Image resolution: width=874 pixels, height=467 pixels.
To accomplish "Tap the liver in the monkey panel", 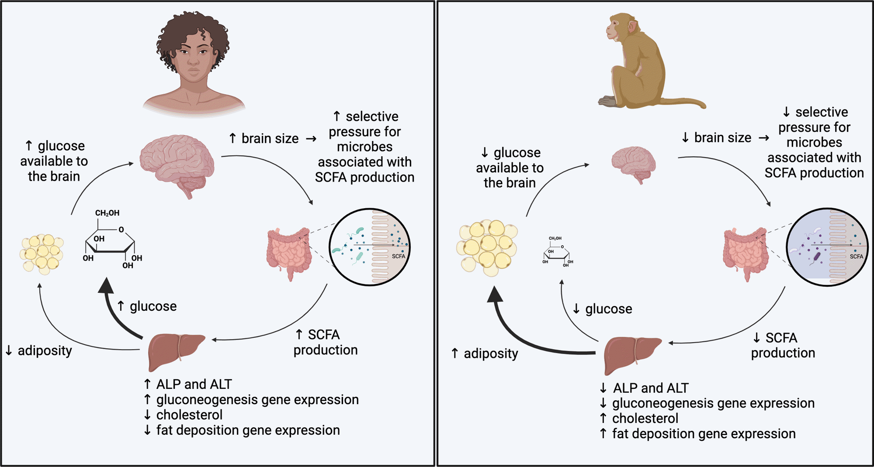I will pos(631,354).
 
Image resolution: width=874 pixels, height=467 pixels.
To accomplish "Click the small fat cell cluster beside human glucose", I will pos(42,254).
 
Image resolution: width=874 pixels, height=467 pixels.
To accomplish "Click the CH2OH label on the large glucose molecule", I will pos(107,213).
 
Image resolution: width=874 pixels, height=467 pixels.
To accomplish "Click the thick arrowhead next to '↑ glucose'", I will pos(106,286).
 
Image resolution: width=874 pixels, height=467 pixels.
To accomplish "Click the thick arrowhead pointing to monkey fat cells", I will pos(495,295).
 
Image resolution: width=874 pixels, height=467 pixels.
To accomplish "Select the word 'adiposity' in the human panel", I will pos(45,350).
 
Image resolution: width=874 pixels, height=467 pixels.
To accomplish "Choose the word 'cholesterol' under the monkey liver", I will pos(645,418).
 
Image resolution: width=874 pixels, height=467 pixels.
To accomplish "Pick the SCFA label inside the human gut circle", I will pos(398,256).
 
